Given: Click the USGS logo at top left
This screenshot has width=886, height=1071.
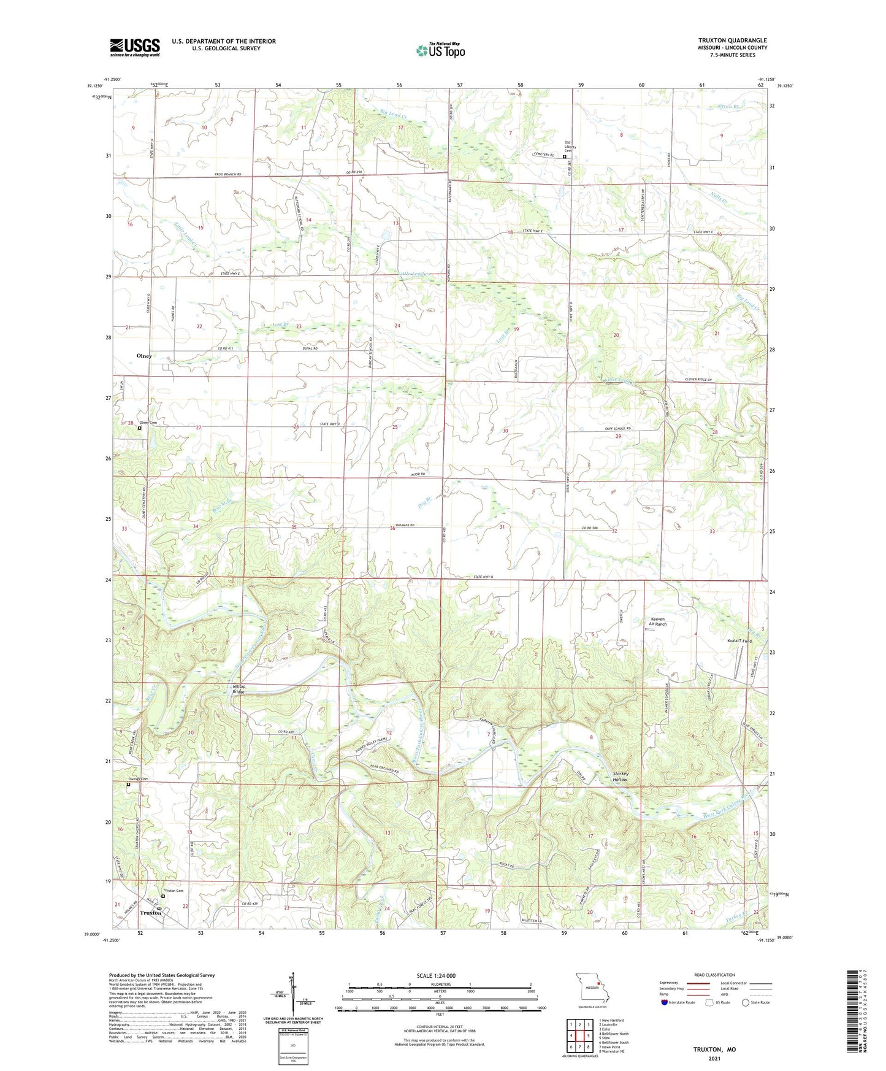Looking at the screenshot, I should tap(135, 47).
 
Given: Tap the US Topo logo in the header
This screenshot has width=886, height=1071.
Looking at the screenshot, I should tap(440, 50).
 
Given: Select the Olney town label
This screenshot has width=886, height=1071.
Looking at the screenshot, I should tap(144, 356).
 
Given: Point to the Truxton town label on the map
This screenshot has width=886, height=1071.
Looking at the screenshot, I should tap(151, 913).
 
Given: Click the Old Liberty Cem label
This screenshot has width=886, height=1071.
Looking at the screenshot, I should tap(572, 147).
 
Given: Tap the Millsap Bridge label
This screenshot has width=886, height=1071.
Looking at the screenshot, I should tap(239, 689).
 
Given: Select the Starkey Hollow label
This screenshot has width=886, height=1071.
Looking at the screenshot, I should tap(620, 777).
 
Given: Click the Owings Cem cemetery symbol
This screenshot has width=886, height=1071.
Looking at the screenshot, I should tap(128, 785).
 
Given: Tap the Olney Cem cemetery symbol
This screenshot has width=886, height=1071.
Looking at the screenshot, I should tap(139, 428).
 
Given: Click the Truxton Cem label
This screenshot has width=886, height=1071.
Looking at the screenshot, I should tap(173, 891).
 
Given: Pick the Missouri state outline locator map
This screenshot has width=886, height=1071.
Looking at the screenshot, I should tap(592, 988).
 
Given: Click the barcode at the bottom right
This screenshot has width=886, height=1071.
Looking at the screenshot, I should tap(857, 1013).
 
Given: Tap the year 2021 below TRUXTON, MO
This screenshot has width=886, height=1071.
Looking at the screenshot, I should tap(714, 1058).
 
